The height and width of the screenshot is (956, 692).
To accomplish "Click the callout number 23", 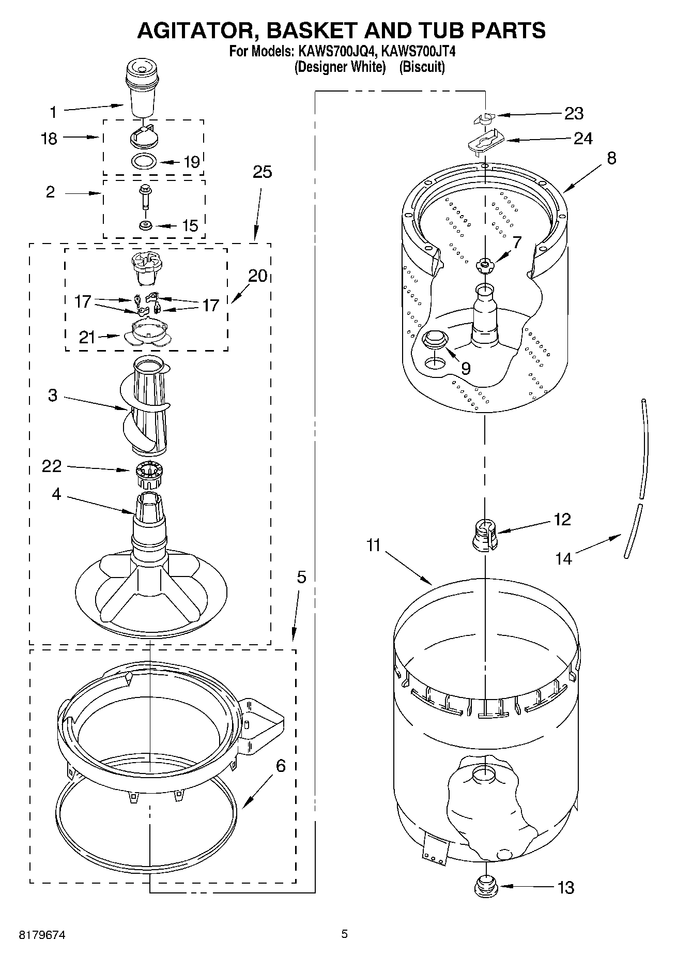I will [x=574, y=113].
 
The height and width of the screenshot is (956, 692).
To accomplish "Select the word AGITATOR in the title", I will [x=196, y=31].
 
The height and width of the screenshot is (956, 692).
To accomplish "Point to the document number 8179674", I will [x=42, y=935].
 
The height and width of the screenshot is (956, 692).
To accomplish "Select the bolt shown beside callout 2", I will [x=144, y=196].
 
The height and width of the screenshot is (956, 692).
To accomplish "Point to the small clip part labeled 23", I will [x=484, y=118].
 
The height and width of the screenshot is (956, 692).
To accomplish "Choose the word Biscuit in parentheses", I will [x=422, y=67].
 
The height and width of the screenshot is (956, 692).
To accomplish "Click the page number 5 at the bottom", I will [x=344, y=934].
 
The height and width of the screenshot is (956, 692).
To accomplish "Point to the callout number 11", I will [x=373, y=545].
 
